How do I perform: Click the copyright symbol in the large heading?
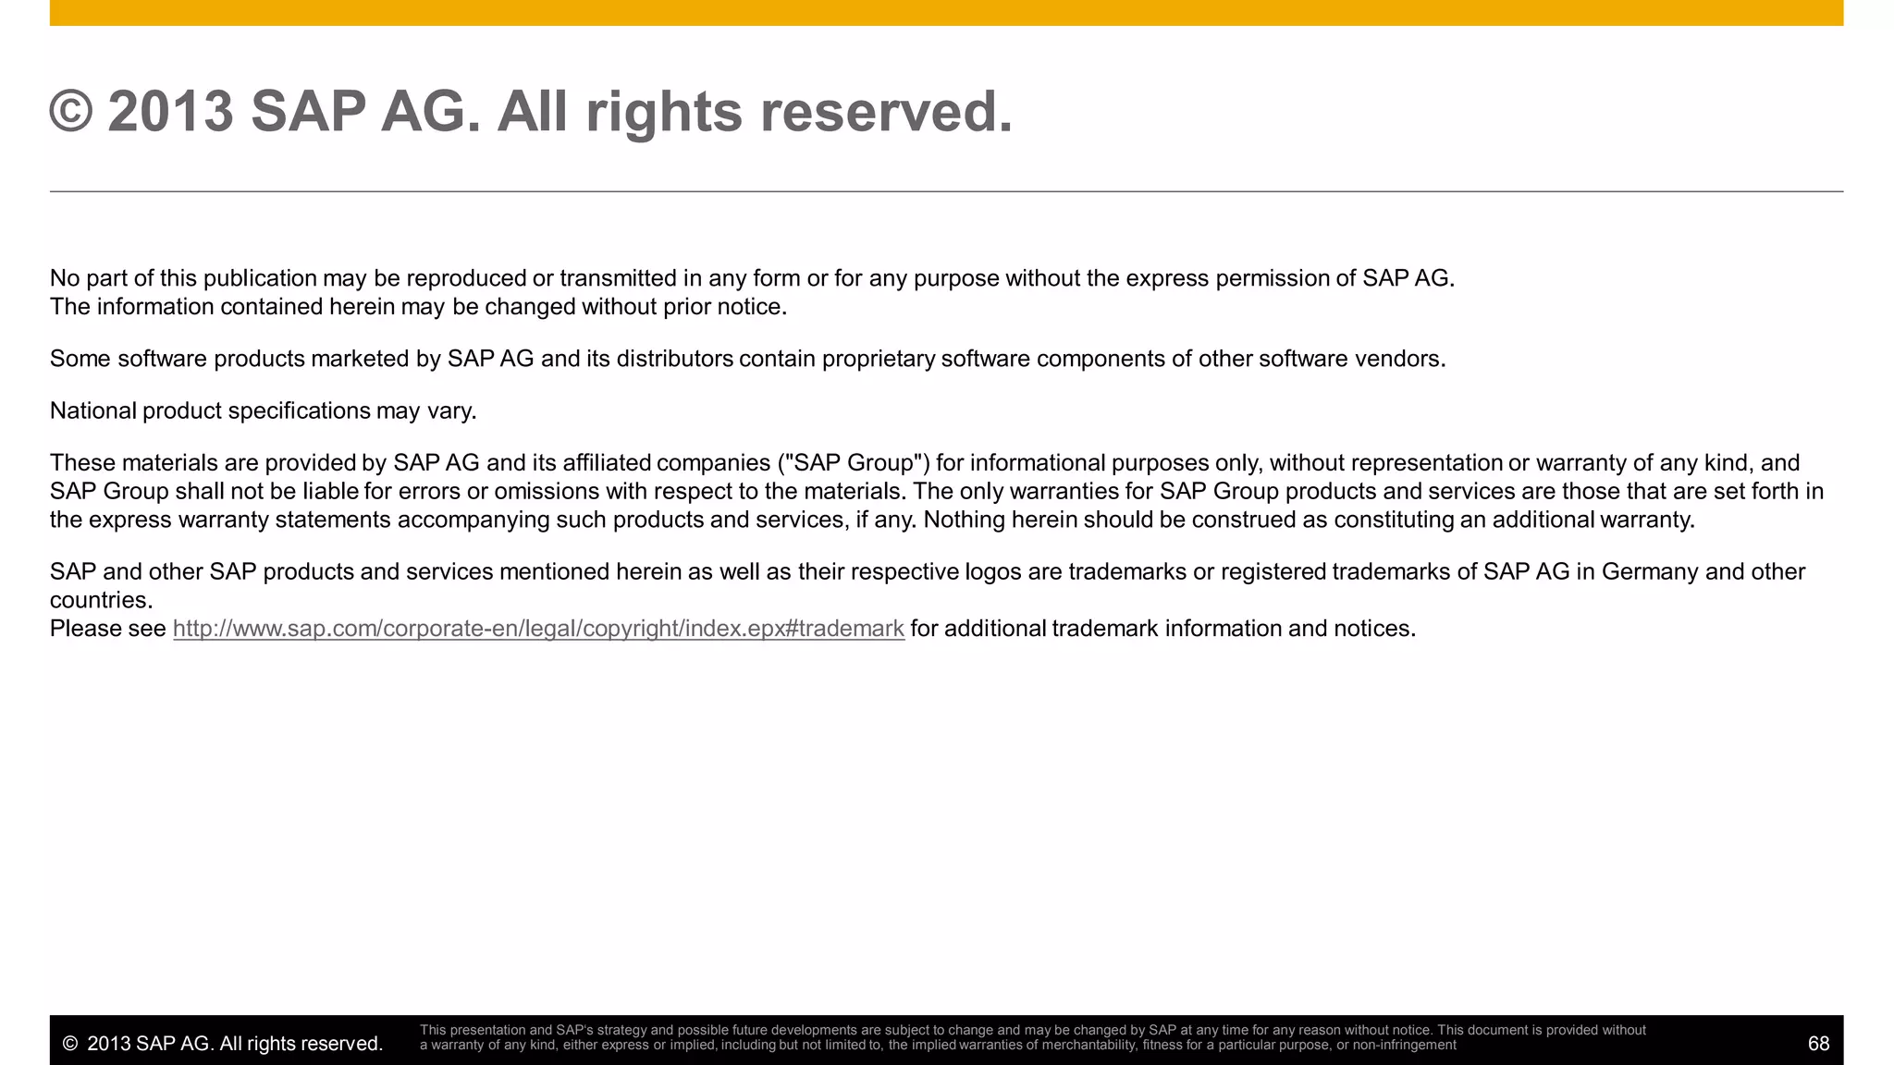pyautogui.click(x=71, y=112)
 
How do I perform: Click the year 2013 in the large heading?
pyautogui.click(x=170, y=112)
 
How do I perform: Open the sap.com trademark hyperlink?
pyautogui.click(x=538, y=629)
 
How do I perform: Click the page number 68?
pyautogui.click(x=1818, y=1044)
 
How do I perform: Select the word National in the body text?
pyautogui.click(x=92, y=410)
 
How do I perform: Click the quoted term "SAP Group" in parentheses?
pyautogui.click(x=855, y=463)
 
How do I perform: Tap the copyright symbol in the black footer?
pyautogui.click(x=69, y=1044)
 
